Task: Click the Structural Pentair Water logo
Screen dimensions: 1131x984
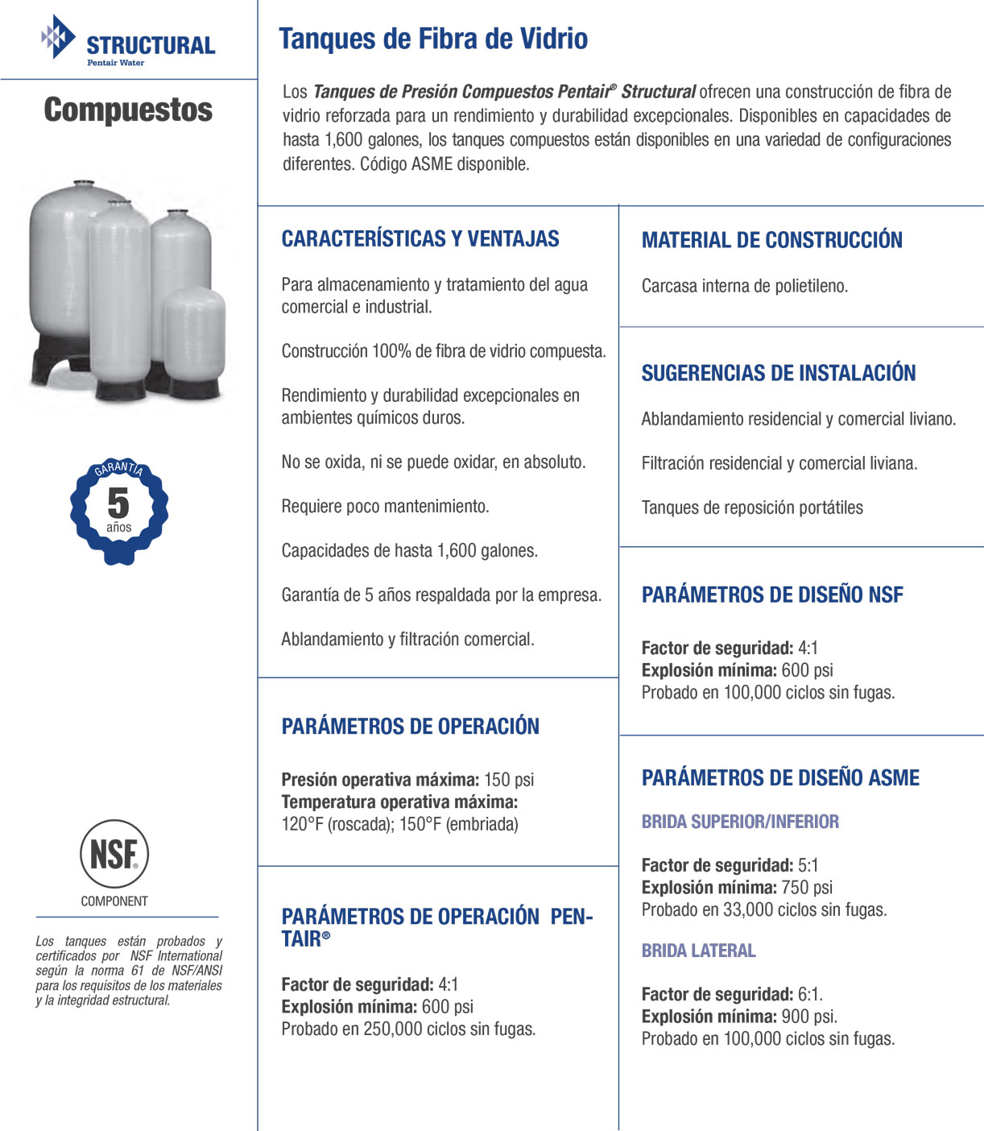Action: [128, 41]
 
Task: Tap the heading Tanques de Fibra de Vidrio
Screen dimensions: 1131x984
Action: [432, 39]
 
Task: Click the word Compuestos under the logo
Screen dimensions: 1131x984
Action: [128, 110]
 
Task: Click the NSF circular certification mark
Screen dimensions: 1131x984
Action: [114, 854]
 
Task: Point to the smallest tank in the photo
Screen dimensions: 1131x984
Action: [194, 342]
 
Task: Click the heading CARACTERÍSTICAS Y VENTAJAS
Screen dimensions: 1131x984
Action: [420, 238]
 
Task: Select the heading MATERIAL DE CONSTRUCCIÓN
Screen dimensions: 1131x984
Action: [771, 240]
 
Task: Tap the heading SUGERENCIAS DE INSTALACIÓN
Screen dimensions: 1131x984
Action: [778, 373]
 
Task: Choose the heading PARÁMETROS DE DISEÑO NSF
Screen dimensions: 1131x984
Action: [771, 594]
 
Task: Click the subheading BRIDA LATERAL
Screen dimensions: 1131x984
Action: [698, 951]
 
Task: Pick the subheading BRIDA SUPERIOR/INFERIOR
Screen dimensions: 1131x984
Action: [740, 822]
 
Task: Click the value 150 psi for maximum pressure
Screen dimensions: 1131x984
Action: [508, 780]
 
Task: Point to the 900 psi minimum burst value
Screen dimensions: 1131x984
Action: [808, 1017]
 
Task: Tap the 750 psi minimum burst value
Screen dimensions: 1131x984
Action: [807, 888]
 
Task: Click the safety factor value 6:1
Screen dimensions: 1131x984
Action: [809, 994]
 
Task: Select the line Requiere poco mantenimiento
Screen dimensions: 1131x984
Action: [385, 507]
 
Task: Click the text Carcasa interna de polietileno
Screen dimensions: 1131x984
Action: [744, 286]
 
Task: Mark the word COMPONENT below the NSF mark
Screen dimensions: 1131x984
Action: [114, 901]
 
